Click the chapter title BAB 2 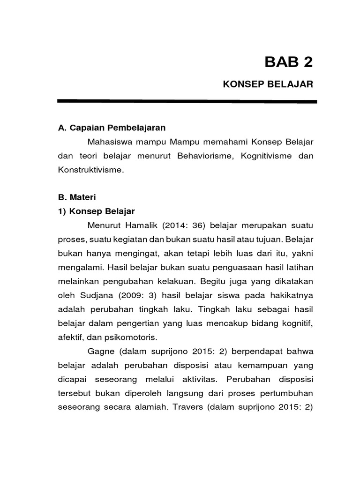click(288, 61)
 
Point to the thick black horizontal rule click(187, 101)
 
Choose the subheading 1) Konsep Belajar click(97, 211)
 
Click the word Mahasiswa click(107, 142)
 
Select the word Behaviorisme click(204, 156)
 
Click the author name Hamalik click(141, 225)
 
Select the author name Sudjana click(95, 296)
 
